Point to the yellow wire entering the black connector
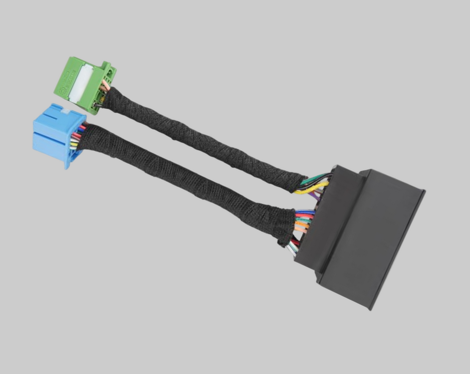point(312,188)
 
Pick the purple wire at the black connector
point(315,195)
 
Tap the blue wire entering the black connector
point(305,212)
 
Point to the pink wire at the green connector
point(105,84)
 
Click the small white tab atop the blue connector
point(65,111)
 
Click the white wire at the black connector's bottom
point(292,251)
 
